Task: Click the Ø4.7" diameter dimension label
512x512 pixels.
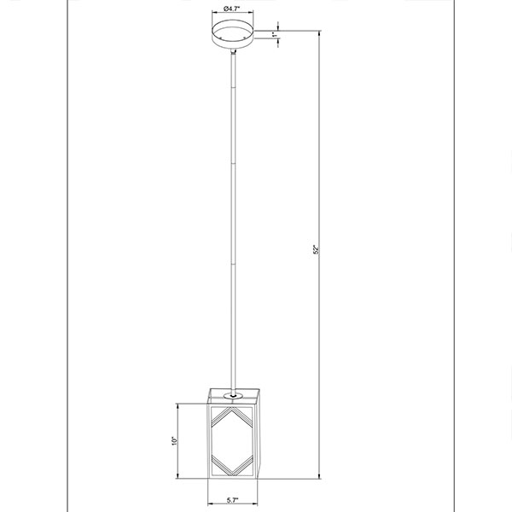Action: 232,9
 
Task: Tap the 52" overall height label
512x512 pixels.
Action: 316,250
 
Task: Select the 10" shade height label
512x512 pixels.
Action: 174,441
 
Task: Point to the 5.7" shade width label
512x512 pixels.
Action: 232,500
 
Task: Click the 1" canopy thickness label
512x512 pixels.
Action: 275,34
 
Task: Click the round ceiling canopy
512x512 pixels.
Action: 233,34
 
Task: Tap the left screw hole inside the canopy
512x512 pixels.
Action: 221,38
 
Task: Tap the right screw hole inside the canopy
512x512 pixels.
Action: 245,38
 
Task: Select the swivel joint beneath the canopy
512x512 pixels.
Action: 233,51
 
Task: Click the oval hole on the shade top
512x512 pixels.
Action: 233,396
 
